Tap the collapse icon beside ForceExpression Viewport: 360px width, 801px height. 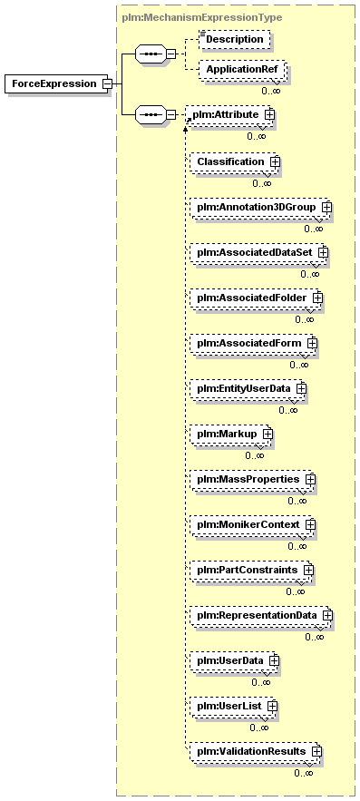click(107, 83)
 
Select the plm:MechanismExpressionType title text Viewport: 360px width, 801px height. click(202, 18)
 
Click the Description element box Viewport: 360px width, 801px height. click(234, 39)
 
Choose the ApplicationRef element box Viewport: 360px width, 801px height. click(242, 69)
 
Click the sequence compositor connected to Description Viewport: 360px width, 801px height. click(151, 54)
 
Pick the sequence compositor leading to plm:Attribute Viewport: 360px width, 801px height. click(151, 114)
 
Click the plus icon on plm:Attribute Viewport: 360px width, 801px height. click(269, 115)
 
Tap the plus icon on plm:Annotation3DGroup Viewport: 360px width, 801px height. click(326, 207)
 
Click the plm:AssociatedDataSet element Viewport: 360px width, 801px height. click(258, 252)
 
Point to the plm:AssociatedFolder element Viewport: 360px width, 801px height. click(256, 298)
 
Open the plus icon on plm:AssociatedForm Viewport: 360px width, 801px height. click(312, 343)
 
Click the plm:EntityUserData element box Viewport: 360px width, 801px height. click(248, 388)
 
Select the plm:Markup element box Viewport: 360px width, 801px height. click(231, 434)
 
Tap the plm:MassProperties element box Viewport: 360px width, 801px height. click(252, 479)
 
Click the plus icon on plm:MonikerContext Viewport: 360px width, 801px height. click(310, 524)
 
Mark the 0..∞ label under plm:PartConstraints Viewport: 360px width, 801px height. click(295, 591)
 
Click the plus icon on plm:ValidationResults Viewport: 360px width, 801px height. click(316, 751)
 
